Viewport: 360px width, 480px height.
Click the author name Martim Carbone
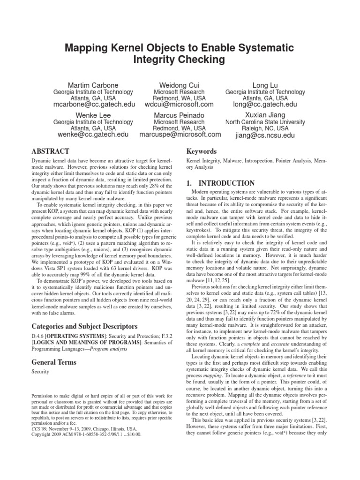click(93, 84)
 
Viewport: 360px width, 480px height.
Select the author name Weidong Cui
click(180, 84)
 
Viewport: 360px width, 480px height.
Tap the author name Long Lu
click(265, 84)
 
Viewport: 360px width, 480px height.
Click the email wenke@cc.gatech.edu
click(93, 135)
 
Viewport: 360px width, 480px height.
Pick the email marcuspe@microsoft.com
click(180, 135)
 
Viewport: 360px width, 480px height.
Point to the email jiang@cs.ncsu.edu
click(265, 135)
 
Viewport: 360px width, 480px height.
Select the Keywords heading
click(202, 151)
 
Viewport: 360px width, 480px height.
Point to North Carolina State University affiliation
click(265, 121)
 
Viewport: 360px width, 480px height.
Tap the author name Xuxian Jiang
click(265, 114)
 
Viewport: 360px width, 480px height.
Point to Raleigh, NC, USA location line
click(265, 128)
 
